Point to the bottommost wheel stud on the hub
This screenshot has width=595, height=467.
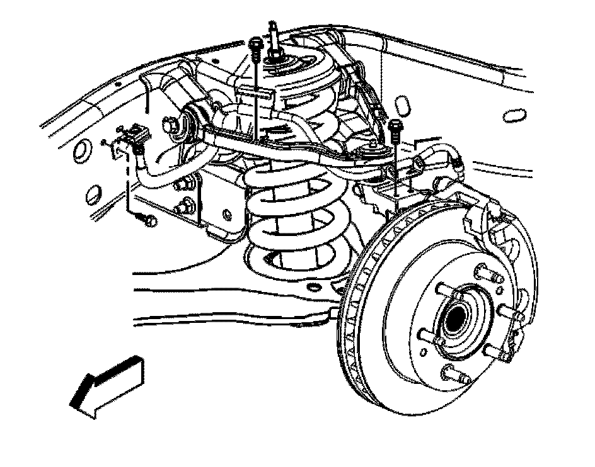tap(456, 376)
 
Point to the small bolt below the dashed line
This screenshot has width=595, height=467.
tap(147, 220)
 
